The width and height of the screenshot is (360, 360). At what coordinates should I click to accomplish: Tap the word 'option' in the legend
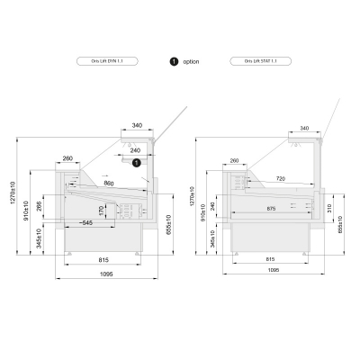pyautogui.click(x=191, y=61)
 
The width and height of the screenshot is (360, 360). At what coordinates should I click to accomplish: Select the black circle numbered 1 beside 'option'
pyautogui.click(x=173, y=61)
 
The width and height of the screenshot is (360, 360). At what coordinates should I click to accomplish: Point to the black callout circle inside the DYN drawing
pyautogui.click(x=137, y=163)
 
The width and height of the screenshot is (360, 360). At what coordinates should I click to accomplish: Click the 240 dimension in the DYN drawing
pyautogui.click(x=135, y=151)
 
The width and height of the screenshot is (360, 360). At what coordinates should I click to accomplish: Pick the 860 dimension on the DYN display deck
pyautogui.click(x=109, y=184)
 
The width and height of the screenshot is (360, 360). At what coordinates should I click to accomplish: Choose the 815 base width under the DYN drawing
pyautogui.click(x=104, y=259)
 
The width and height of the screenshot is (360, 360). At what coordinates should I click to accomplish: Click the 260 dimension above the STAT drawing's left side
pyautogui.click(x=234, y=161)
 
